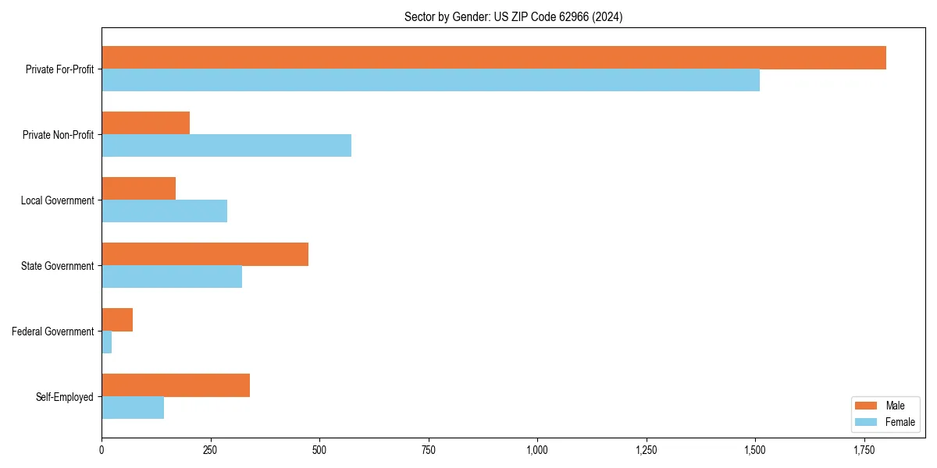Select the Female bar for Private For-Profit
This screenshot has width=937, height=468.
point(430,80)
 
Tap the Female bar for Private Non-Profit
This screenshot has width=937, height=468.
point(226,146)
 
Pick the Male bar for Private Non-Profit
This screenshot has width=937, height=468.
point(145,123)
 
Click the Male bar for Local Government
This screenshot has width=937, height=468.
point(138,189)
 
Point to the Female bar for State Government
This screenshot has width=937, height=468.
point(172,277)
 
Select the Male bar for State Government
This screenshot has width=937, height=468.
point(205,254)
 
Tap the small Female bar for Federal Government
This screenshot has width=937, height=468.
point(106,342)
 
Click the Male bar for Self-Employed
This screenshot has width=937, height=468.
point(176,385)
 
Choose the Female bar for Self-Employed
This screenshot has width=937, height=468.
point(133,408)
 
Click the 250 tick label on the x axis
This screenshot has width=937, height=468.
point(210,450)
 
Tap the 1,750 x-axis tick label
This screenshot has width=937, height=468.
point(864,450)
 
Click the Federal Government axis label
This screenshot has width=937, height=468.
point(53,331)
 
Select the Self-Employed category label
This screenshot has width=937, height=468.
point(65,397)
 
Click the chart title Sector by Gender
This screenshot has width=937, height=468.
point(513,16)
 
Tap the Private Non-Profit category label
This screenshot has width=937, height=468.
point(58,135)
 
